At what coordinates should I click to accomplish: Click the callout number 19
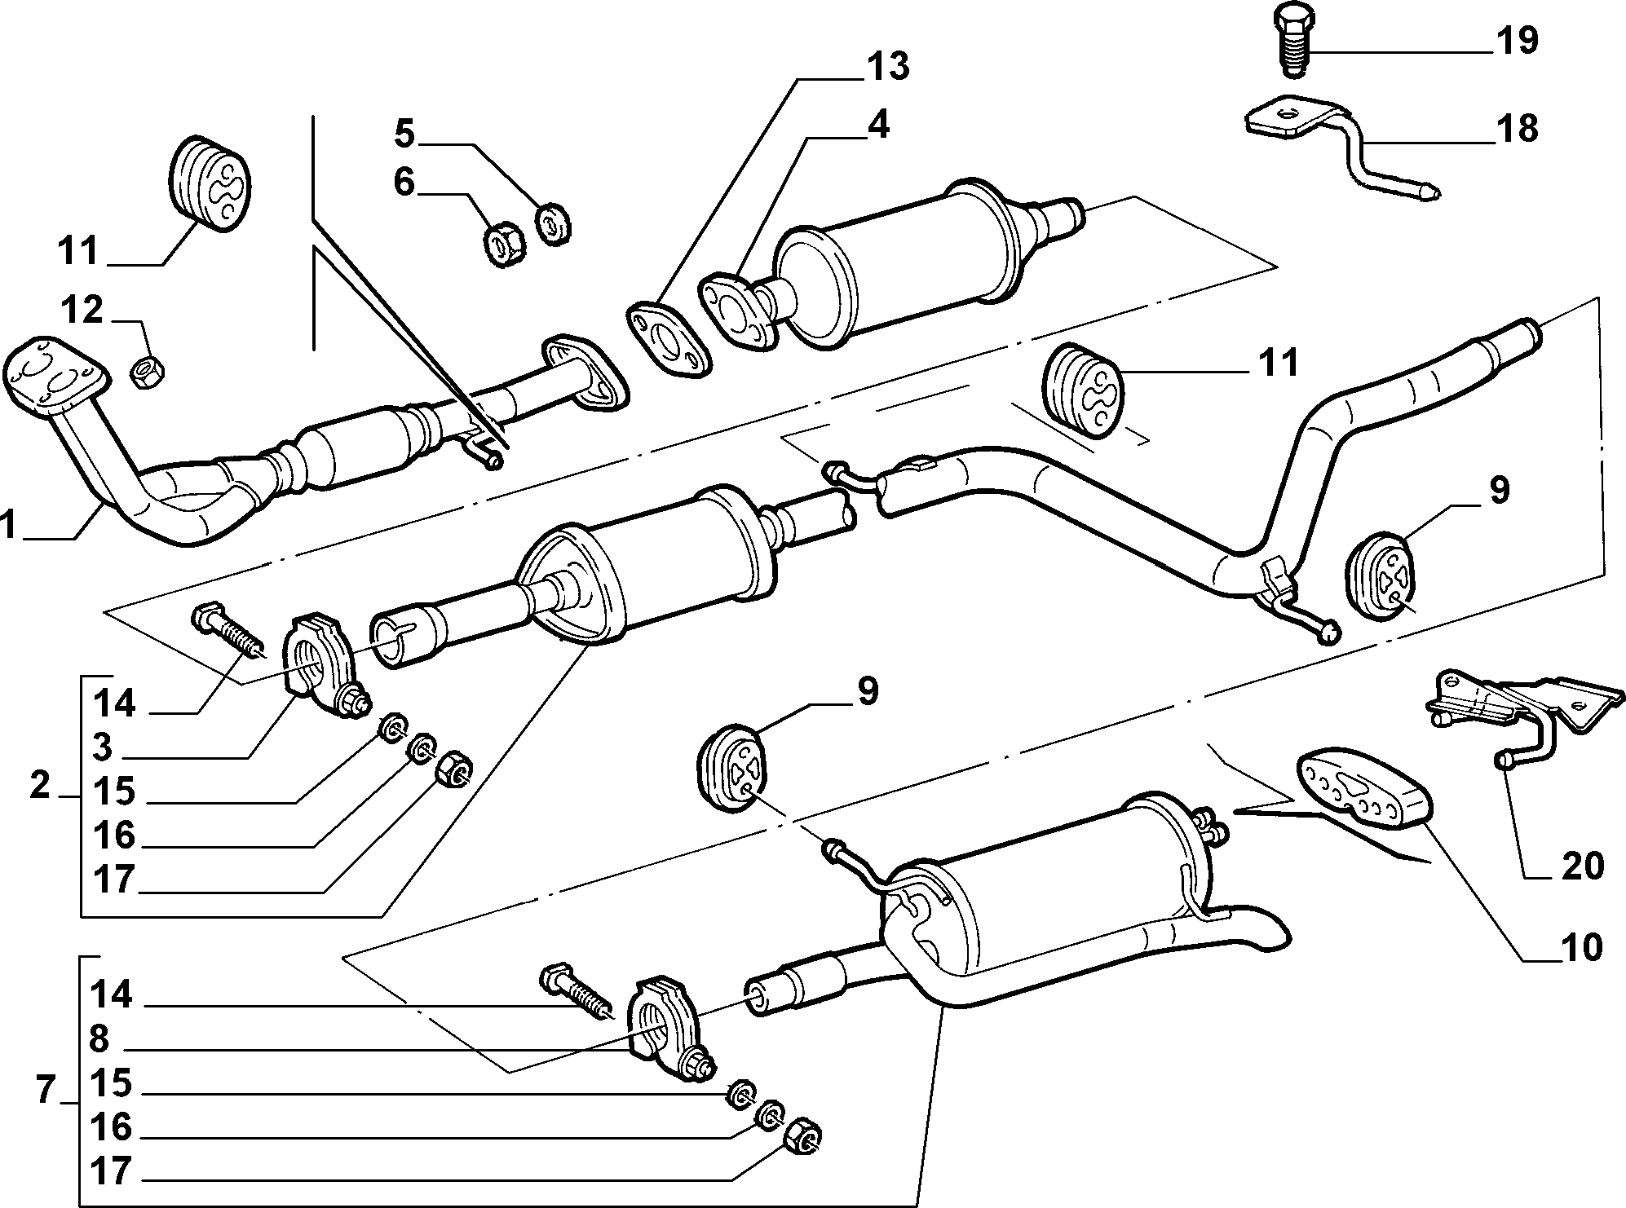click(1516, 40)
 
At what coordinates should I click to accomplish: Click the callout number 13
click(888, 67)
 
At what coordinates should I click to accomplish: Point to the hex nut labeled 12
click(148, 373)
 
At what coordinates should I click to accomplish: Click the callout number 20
click(1583, 865)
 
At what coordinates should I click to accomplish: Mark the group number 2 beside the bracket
click(40, 787)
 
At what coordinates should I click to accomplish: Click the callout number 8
click(99, 1039)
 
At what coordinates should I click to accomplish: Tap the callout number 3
click(103, 747)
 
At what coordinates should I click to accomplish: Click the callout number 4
click(877, 125)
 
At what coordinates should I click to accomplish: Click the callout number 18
click(1516, 129)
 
